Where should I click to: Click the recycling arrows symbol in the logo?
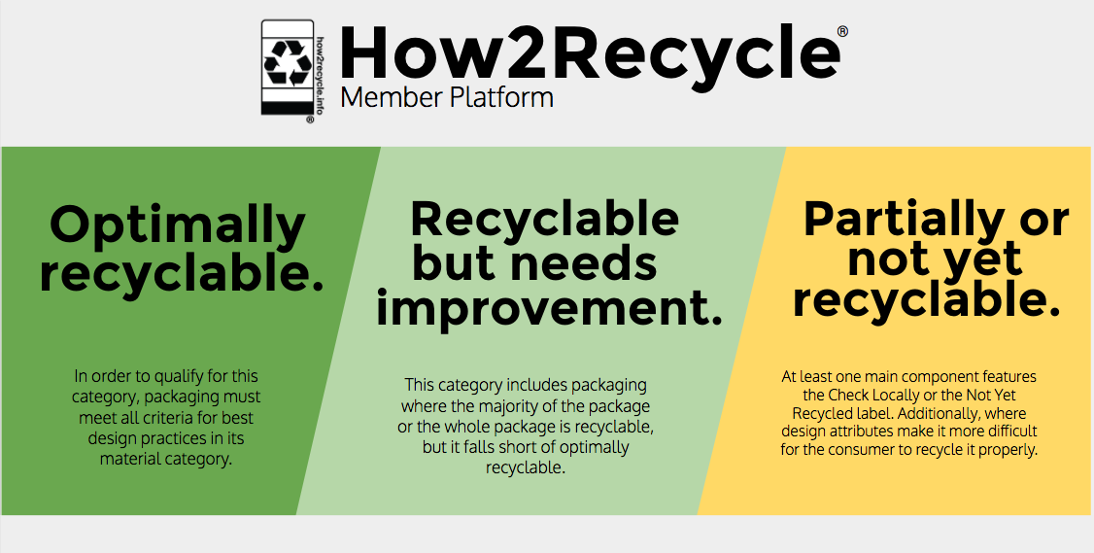coord(288,63)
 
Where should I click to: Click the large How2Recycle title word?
coord(590,52)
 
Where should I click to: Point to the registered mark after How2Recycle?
coord(842,31)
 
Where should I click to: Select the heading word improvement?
coord(549,309)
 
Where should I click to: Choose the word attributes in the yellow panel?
coord(850,432)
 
